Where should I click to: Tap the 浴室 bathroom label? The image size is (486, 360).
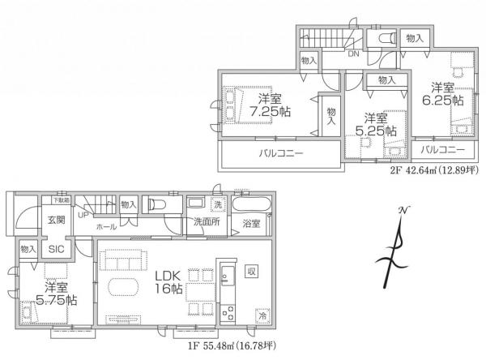click(251, 224)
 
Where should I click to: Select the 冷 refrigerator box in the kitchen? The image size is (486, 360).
click(262, 314)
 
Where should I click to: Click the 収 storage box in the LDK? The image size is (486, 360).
click(252, 271)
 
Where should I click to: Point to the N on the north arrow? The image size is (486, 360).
click(402, 212)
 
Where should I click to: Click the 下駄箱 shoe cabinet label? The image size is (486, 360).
click(62, 199)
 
